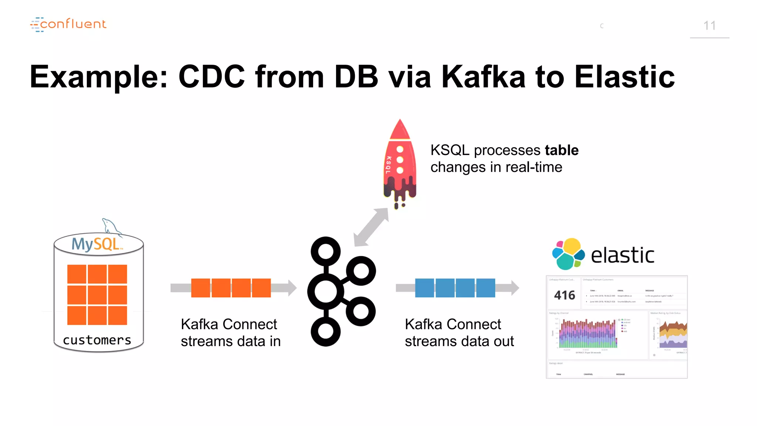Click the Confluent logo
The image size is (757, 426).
(68, 24)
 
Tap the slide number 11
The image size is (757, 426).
(709, 26)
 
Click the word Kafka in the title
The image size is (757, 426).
(483, 77)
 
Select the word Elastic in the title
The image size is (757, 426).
(624, 77)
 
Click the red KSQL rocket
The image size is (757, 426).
(400, 163)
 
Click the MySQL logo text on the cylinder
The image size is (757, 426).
(96, 244)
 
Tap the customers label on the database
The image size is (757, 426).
(97, 340)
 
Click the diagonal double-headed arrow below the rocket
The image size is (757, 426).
(371, 227)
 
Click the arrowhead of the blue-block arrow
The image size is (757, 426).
(515, 288)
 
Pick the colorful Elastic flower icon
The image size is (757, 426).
(568, 254)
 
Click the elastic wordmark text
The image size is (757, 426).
(622, 256)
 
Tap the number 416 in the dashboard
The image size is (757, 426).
(564, 295)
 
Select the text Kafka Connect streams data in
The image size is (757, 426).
(230, 332)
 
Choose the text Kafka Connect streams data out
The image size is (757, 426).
(459, 332)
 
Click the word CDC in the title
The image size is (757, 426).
(211, 77)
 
